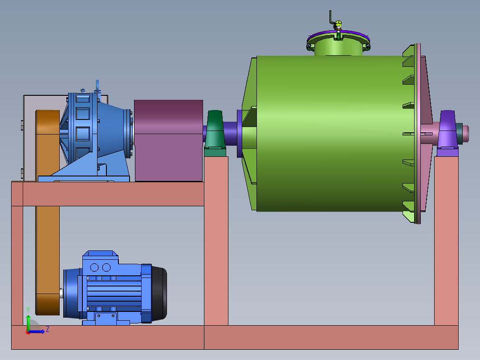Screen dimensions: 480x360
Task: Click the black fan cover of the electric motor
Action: [159, 294]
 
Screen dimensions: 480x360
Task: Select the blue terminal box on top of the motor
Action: [100, 263]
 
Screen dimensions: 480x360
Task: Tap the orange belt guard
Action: [48, 213]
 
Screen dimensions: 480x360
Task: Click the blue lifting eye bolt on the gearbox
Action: [98, 86]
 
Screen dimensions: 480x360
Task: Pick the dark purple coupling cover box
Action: [168, 140]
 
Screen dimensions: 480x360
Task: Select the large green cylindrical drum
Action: [329, 134]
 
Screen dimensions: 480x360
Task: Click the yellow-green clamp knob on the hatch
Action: [338, 24]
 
